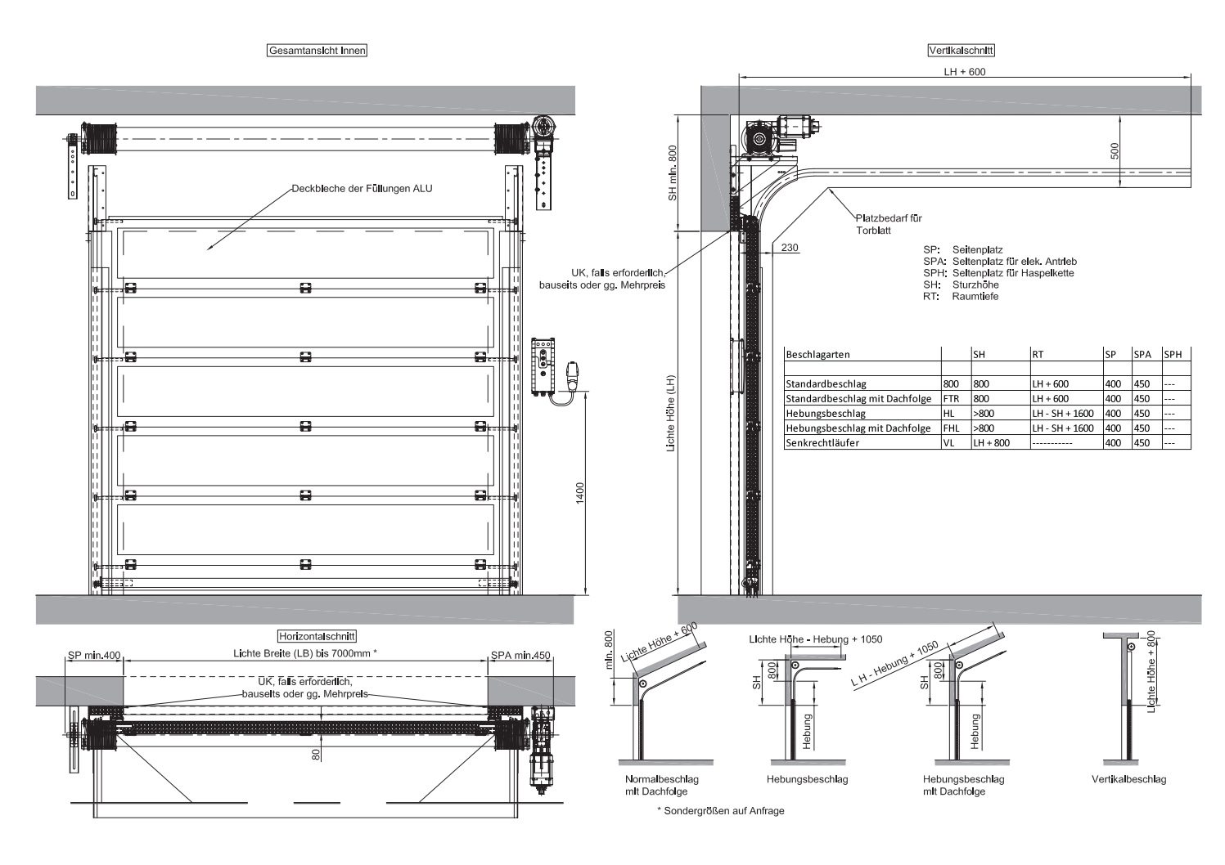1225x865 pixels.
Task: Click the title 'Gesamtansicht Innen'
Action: click(x=318, y=51)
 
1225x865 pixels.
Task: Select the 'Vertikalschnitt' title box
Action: click(x=962, y=51)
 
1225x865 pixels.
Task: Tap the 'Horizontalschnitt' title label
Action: click(x=318, y=637)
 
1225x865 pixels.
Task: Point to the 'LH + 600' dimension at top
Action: click(x=965, y=72)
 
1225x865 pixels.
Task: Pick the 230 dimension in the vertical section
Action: click(x=790, y=248)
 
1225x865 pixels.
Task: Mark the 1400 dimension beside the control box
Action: click(x=580, y=493)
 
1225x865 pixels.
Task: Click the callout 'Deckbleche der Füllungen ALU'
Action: click(x=362, y=189)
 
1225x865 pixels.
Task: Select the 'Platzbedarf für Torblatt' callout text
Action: click(x=889, y=224)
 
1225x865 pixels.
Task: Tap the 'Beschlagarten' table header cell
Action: click(x=817, y=354)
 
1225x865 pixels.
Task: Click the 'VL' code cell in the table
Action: click(x=948, y=442)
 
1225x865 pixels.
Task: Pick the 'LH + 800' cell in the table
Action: click(x=992, y=442)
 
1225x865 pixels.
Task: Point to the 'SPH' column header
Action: click(x=1173, y=354)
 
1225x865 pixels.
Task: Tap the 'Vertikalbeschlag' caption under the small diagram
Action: click(x=1128, y=780)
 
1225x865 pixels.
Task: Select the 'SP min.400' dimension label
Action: click(x=94, y=655)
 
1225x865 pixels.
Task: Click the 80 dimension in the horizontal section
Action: click(x=316, y=755)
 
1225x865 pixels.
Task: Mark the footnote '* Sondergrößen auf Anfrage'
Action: click(x=721, y=811)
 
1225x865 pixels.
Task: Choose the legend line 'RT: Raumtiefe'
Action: click(x=961, y=296)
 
